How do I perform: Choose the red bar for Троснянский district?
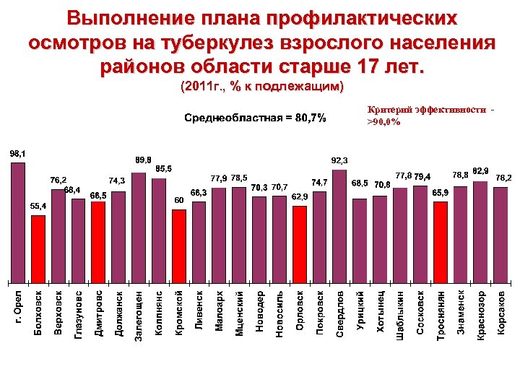click(441, 241)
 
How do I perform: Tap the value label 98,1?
click(18, 153)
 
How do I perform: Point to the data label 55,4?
click(39, 206)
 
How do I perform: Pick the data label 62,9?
click(300, 196)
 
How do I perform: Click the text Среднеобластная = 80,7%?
click(255, 117)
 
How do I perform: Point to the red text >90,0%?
click(383, 122)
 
